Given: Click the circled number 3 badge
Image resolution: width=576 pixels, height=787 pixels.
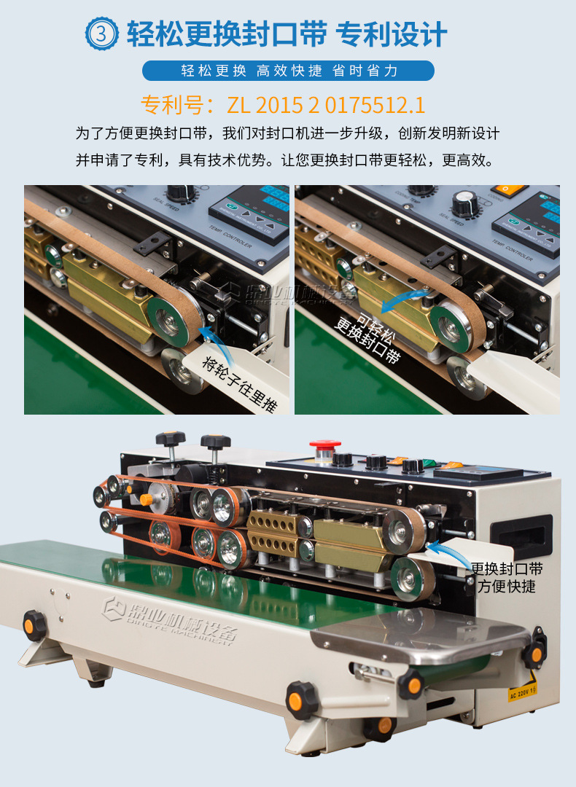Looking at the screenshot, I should pyautogui.click(x=101, y=34).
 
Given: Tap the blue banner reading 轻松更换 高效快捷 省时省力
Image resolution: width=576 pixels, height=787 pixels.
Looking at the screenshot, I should pyautogui.click(x=288, y=71).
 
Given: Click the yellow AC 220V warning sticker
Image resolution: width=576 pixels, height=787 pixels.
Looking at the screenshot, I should pyautogui.click(x=522, y=689).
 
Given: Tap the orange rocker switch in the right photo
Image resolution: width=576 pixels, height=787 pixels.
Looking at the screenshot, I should pyautogui.click(x=510, y=189).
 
